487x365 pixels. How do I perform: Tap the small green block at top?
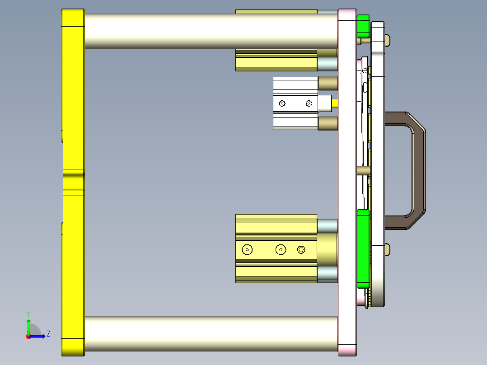[x=363, y=26]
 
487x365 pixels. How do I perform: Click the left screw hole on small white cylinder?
[x=282, y=104]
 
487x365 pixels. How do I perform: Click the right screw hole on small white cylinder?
[x=309, y=104]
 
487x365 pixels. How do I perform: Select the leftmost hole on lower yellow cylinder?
[x=247, y=249]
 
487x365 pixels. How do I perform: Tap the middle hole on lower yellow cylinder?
[x=281, y=249]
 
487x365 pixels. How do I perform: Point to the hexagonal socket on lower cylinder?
[x=301, y=249]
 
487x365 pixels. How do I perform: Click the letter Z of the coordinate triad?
[x=48, y=334]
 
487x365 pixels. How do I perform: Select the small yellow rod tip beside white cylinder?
[x=335, y=103]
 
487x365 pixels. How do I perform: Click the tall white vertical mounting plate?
[x=347, y=181]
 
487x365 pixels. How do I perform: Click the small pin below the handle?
[x=387, y=249]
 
